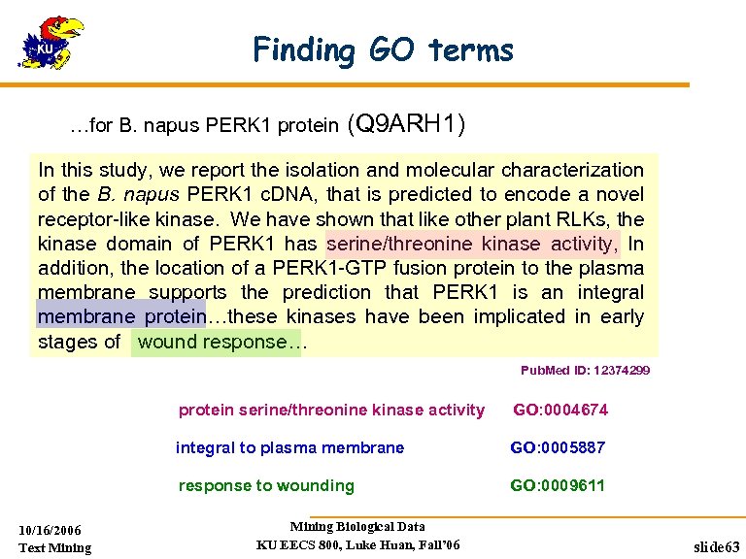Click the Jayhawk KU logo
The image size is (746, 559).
click(x=52, y=43)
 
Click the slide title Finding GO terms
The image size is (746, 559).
click(x=383, y=49)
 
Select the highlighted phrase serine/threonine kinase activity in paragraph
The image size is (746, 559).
click(x=472, y=244)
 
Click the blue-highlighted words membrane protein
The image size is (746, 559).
click(x=121, y=316)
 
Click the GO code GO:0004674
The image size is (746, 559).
click(x=560, y=411)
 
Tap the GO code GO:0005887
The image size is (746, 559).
click(x=558, y=448)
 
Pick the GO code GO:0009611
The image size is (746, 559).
click(x=558, y=485)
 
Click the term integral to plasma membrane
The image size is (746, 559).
click(x=289, y=448)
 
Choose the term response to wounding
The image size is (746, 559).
click(x=266, y=485)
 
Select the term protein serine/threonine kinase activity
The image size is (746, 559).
click(x=331, y=411)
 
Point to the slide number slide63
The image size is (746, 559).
click(x=715, y=547)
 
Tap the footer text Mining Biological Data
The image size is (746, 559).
click(x=357, y=527)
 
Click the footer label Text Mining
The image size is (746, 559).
click(x=55, y=548)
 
